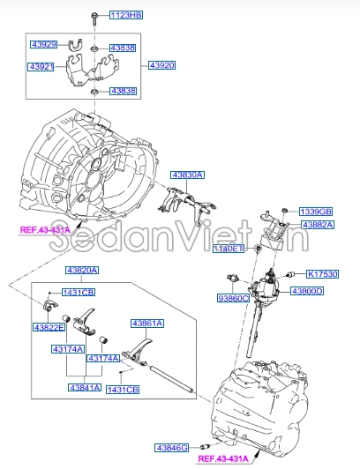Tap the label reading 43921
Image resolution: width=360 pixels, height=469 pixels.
pyautogui.click(x=43, y=67)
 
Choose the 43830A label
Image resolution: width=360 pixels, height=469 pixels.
pyautogui.click(x=187, y=175)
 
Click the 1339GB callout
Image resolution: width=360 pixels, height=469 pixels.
pyautogui.click(x=315, y=212)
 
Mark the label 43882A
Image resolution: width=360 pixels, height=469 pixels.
pyautogui.click(x=319, y=225)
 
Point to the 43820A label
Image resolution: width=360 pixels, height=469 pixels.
pyautogui.click(x=82, y=270)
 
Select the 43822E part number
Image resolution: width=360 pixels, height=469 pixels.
pyautogui.click(x=49, y=327)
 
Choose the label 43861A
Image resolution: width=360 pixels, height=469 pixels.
pyautogui.click(x=147, y=323)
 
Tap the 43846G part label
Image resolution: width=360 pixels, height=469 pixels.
pyautogui.click(x=173, y=448)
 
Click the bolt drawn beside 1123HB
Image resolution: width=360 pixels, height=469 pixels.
pyautogui.click(x=94, y=17)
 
